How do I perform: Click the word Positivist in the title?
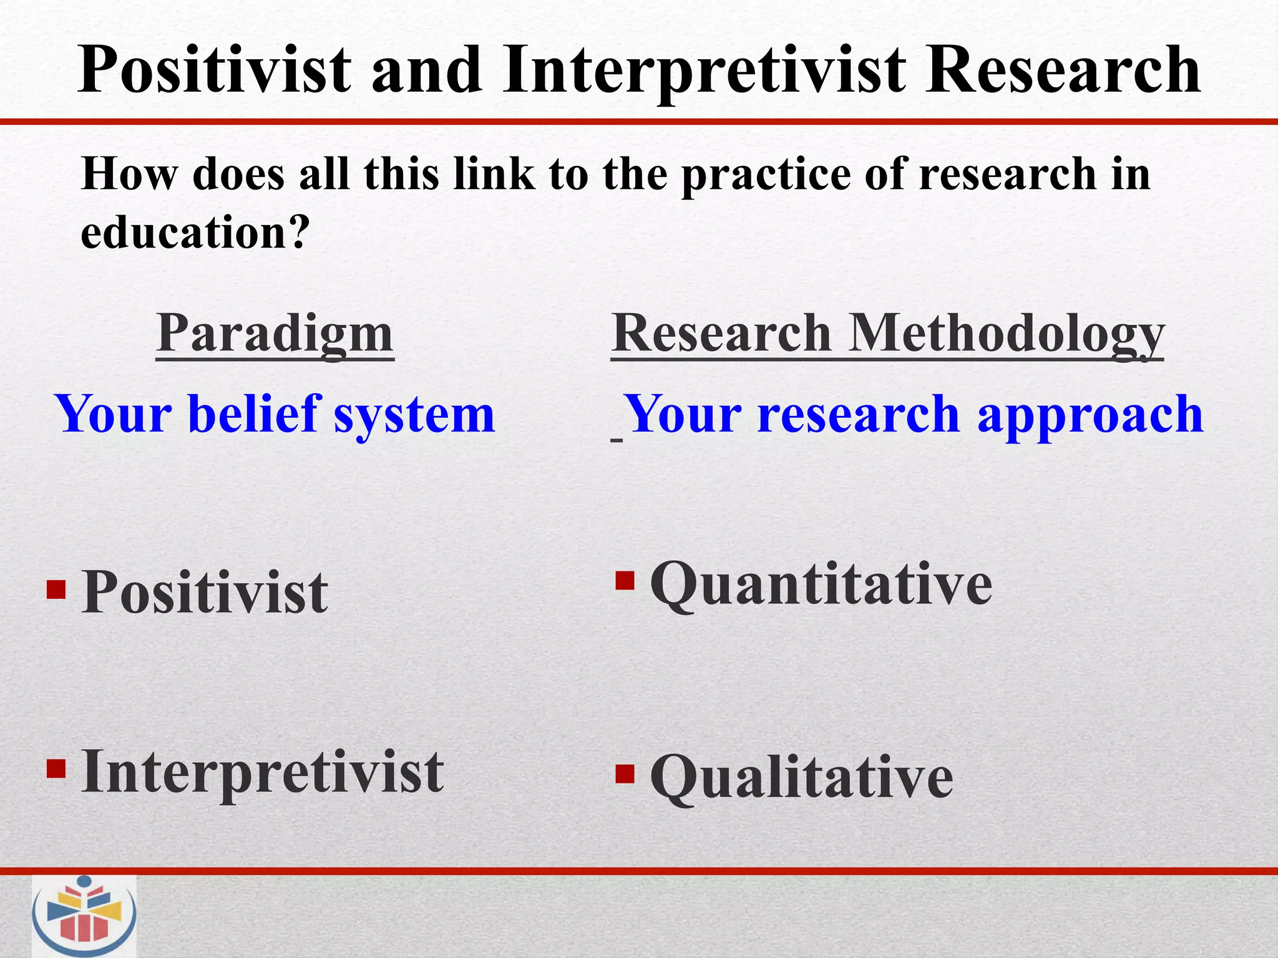coord(215,70)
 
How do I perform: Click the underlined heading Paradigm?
coord(275,334)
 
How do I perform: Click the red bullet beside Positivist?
coord(56,589)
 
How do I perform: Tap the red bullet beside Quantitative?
coord(625,581)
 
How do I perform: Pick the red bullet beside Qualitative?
coord(625,774)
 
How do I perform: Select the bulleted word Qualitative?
coord(801,778)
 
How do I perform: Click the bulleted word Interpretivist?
coord(262,772)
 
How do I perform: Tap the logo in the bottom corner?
coord(84,916)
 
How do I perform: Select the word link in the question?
coord(494,174)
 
